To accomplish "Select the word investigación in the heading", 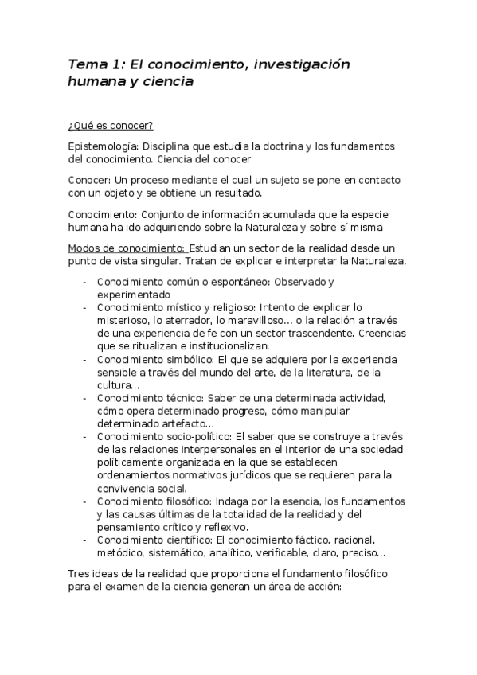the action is (x=301, y=64).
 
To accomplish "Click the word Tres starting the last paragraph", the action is (x=82, y=573).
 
